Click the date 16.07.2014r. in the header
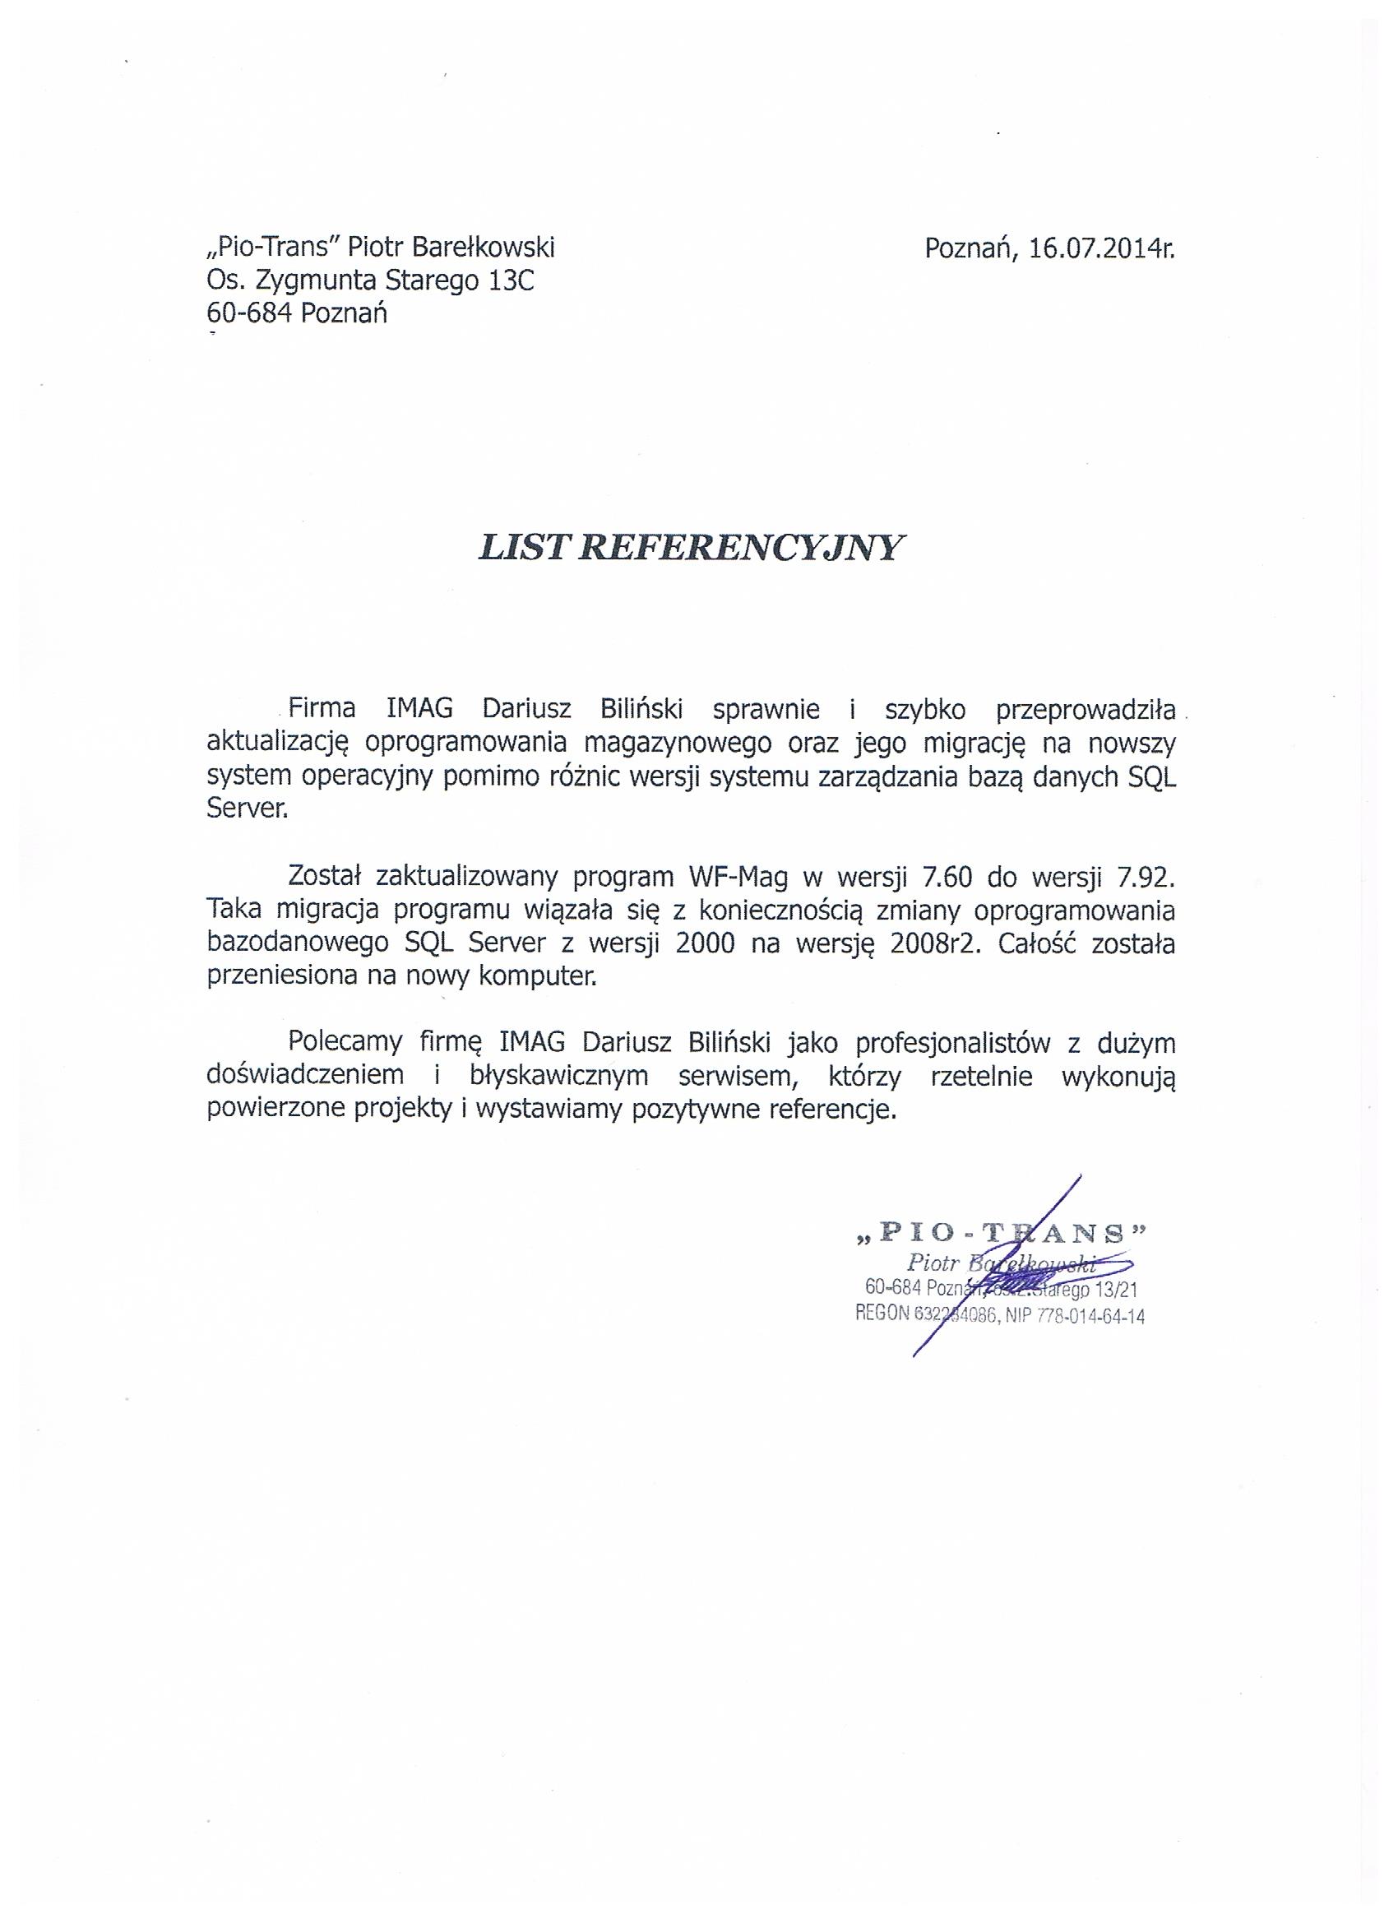tap(1101, 248)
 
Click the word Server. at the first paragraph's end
tap(248, 809)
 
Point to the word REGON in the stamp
tap(882, 1318)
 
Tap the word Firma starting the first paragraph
tap(322, 709)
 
